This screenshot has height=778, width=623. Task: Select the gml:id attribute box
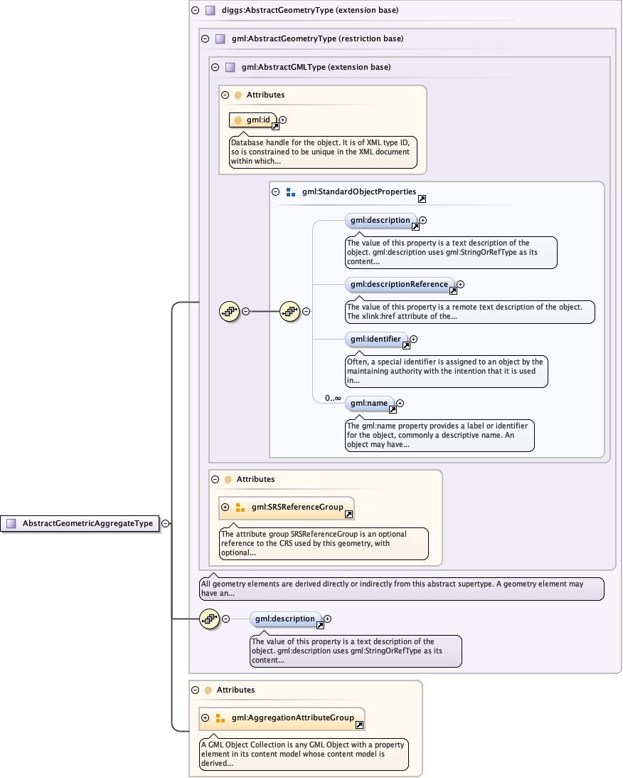(253, 120)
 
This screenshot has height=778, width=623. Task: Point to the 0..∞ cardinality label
(332, 399)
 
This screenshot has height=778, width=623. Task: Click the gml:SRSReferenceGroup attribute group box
(292, 508)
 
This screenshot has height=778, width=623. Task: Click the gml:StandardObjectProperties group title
(358, 191)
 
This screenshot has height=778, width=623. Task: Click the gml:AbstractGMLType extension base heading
(316, 67)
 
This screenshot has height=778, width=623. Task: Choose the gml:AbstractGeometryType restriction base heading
(317, 39)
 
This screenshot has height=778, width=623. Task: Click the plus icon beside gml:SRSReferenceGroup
(225, 508)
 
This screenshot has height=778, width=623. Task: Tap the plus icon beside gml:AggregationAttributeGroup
(206, 718)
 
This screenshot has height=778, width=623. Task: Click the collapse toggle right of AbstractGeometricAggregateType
(165, 523)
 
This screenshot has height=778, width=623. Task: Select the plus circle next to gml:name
(400, 404)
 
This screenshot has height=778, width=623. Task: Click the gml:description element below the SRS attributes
(285, 619)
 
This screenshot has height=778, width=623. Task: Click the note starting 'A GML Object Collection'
(303, 754)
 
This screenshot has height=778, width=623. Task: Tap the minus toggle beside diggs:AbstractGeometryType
(196, 11)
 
